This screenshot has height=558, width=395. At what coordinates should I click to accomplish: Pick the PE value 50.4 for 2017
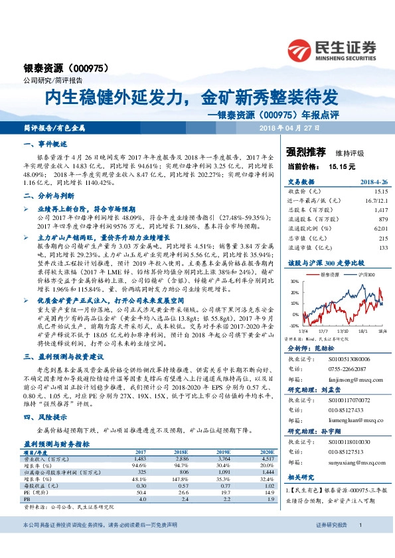click(x=139, y=492)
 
